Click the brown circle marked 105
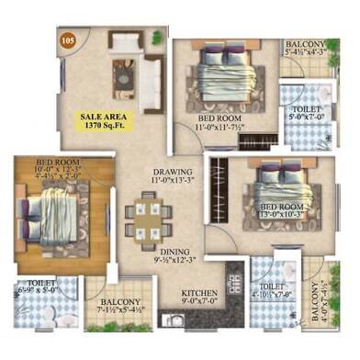(66, 39)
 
